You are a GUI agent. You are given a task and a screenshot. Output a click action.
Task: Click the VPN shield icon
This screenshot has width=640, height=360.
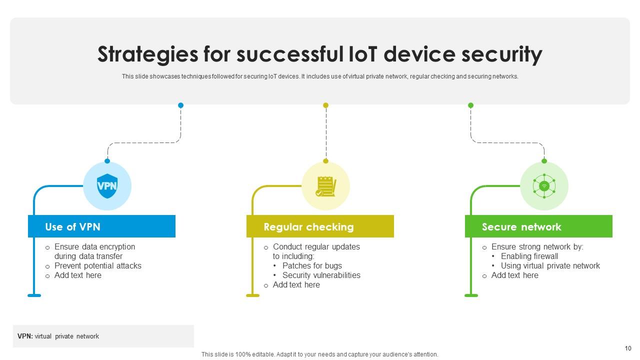pos(107,186)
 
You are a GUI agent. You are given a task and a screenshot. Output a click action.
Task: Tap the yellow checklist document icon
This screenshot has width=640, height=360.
pos(325,186)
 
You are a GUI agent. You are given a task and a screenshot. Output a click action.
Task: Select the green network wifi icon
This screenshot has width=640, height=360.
pos(544,186)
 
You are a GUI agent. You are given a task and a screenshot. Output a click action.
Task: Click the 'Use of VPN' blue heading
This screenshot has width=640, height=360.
pos(73,227)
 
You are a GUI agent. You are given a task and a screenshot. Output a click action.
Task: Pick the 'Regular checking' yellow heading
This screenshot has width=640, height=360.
pos(308,227)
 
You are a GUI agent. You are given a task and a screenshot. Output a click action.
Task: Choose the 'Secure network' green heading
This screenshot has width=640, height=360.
pos(521,227)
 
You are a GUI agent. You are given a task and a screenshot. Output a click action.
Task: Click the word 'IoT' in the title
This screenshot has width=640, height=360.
pos(363,54)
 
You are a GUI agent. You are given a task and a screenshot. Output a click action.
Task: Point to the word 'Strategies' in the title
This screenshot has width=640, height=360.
pos(147,54)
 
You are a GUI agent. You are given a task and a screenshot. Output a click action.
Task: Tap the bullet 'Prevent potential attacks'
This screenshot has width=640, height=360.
pos(97,265)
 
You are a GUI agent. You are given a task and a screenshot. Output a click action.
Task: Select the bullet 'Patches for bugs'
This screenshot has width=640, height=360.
pos(312,265)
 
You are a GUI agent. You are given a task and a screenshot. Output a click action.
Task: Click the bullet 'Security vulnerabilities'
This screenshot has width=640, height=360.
pos(321,275)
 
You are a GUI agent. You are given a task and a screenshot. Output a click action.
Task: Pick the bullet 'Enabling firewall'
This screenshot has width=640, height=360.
pos(529,256)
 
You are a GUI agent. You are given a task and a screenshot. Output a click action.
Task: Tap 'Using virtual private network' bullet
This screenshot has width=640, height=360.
pos(550,265)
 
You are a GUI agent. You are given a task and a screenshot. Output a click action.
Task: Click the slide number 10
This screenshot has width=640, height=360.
pos(628,348)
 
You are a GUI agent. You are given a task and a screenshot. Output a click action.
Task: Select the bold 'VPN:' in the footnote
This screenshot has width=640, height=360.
pos(25,336)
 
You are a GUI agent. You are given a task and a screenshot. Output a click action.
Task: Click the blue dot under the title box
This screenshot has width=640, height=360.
pos(180,105)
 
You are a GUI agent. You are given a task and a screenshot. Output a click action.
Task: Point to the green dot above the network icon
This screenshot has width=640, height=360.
pos(544,161)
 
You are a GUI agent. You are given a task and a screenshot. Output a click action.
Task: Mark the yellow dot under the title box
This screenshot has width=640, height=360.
pos(325,105)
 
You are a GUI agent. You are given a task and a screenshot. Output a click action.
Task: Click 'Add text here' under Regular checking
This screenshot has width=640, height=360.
pos(296,284)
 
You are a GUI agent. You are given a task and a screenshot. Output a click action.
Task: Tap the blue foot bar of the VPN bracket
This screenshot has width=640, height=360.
pos(34,295)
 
